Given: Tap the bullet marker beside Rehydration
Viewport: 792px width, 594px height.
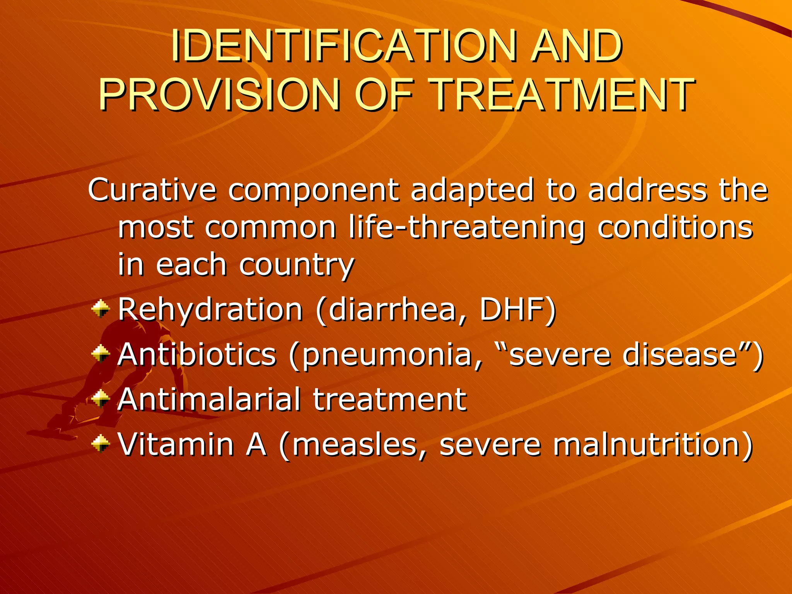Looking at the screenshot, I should click(x=101, y=309).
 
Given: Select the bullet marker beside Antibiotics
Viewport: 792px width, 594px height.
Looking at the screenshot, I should click(x=101, y=354).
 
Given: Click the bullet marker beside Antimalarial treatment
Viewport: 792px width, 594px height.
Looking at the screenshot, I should click(x=101, y=398).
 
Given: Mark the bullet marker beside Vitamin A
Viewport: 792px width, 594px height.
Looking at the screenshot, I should click(x=101, y=443).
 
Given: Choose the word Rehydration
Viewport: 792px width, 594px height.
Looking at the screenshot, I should click(x=210, y=310).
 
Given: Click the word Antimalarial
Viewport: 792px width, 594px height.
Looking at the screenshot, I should click(x=209, y=399).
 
